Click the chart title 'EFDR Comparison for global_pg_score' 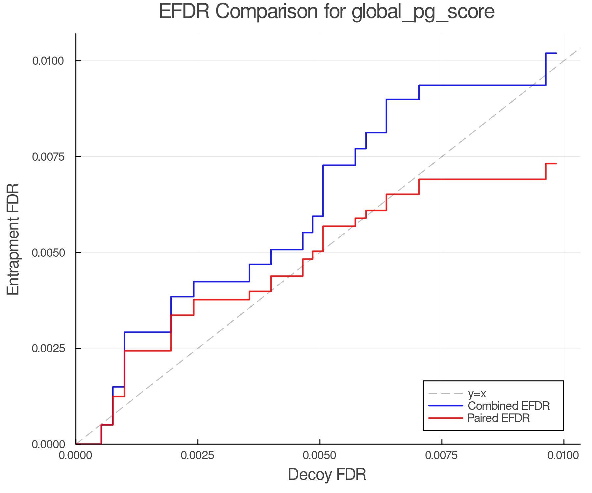pyautogui.click(x=327, y=12)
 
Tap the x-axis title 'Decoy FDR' pyautogui.click(x=327, y=475)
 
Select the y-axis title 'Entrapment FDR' pyautogui.click(x=13, y=239)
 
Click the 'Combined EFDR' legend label pyautogui.click(x=508, y=406)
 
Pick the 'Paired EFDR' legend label pyautogui.click(x=499, y=418)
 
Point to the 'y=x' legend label pyautogui.click(x=477, y=393)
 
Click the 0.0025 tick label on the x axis pyautogui.click(x=198, y=456)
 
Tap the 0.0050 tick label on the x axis pyautogui.click(x=320, y=456)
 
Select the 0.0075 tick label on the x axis pyautogui.click(x=442, y=456)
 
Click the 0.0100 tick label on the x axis pyautogui.click(x=564, y=456)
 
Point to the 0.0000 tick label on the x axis pyautogui.click(x=76, y=456)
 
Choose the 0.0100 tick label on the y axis pyautogui.click(x=48, y=61)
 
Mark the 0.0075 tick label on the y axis pyautogui.click(x=48, y=157)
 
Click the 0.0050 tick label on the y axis pyautogui.click(x=48, y=253)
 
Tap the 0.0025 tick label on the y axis pyautogui.click(x=48, y=348)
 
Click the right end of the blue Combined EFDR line pyautogui.click(x=556, y=53)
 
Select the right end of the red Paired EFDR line pyautogui.click(x=556, y=164)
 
